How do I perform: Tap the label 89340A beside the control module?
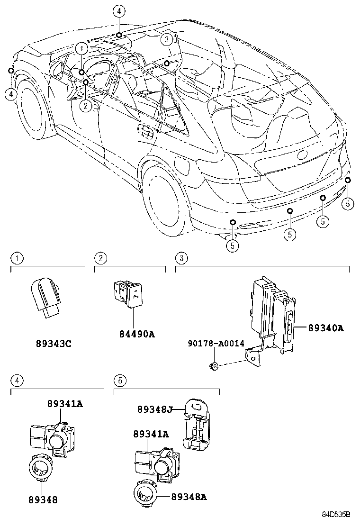pos(326,327)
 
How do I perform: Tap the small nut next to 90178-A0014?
pos(215,365)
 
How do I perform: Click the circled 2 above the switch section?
pos(100,258)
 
